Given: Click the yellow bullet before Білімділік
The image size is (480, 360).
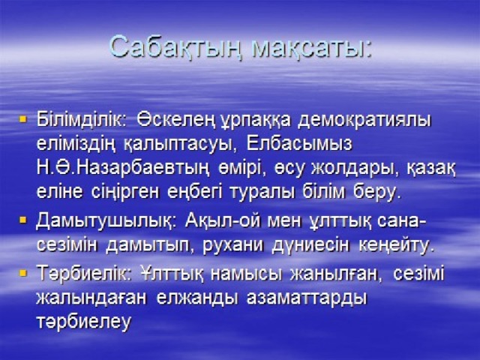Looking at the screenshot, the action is coord(23,118).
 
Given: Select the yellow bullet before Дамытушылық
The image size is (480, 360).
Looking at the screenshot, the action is coord(23,220).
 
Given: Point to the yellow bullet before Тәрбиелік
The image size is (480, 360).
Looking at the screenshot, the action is coord(23,272).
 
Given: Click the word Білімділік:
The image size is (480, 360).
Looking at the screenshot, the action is coord(82,119).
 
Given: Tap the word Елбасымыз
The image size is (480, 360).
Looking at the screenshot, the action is coord(298,145).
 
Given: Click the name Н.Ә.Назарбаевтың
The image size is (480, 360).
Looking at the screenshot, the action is coord(123,169).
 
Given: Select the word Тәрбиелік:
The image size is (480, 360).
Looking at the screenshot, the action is coord(84,273).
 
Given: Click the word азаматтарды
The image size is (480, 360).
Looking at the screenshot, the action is coord(307,298).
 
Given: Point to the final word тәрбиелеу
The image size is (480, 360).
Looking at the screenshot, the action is coord(83,322).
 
